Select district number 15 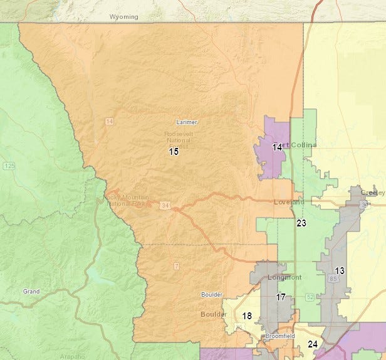[174, 152]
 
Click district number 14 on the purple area [277, 147]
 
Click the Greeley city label [372, 192]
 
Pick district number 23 [301, 223]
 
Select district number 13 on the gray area [339, 271]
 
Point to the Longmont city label [284, 277]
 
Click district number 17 [281, 297]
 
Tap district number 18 [248, 316]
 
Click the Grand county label [31, 292]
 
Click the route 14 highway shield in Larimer [109, 120]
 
